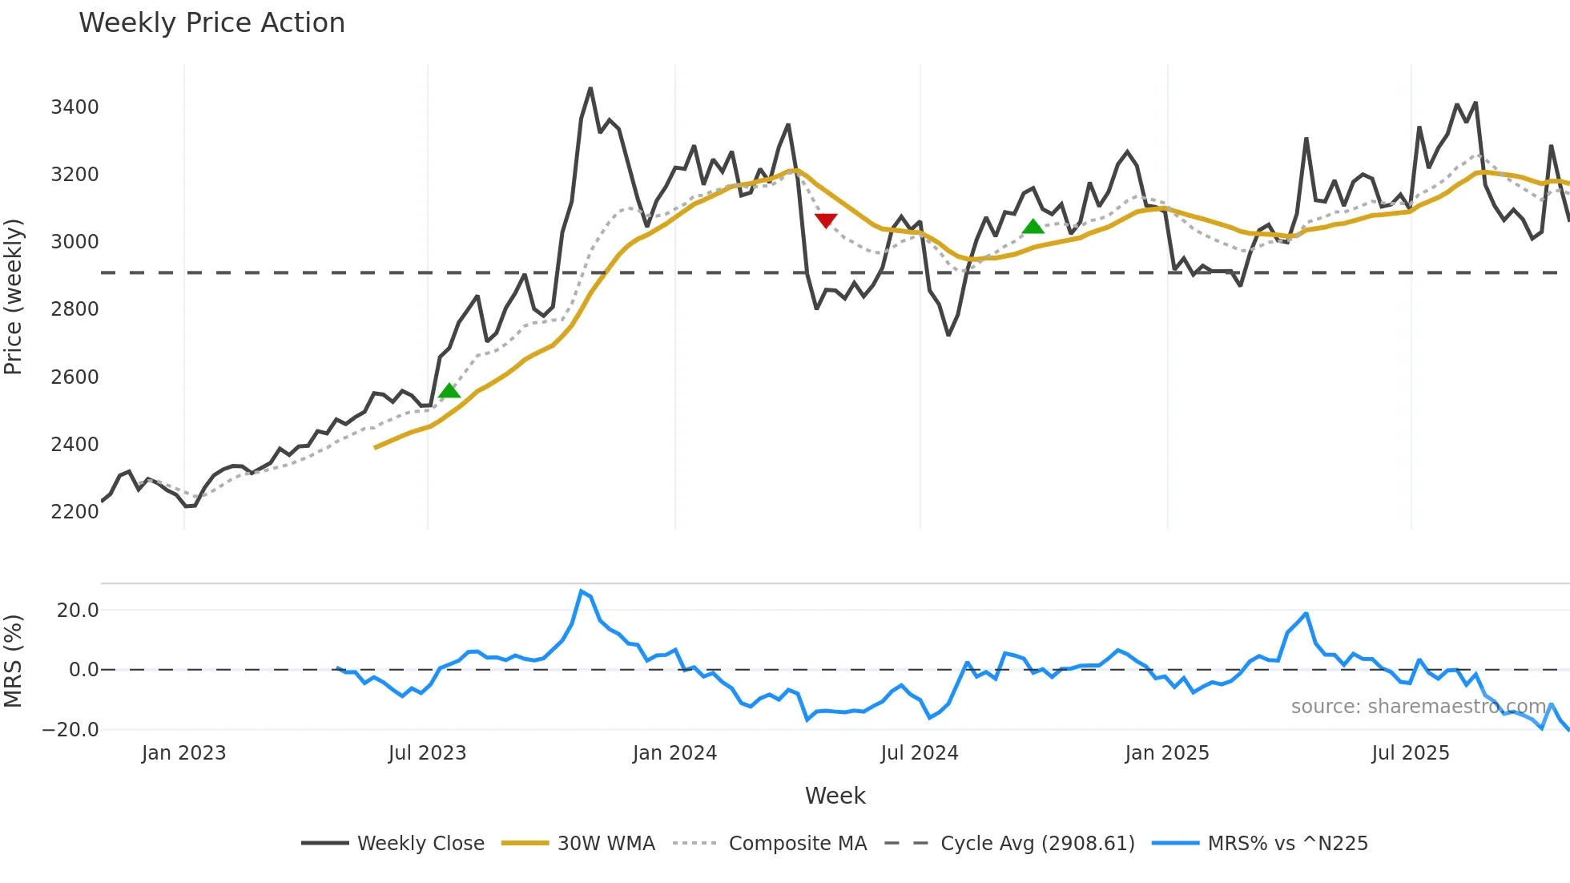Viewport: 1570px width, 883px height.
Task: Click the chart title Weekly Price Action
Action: click(x=211, y=23)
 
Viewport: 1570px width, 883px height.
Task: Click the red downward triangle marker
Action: click(x=826, y=220)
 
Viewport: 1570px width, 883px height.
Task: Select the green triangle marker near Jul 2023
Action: click(x=450, y=390)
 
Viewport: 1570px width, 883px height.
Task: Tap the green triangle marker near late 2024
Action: click(x=1033, y=227)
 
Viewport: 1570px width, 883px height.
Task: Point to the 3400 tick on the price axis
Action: click(x=74, y=107)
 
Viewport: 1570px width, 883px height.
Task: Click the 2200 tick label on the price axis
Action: click(x=74, y=511)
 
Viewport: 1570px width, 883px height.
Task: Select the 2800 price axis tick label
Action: click(x=74, y=309)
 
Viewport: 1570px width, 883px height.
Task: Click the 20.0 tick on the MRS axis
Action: click(x=78, y=610)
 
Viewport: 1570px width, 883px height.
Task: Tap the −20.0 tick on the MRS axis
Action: click(x=70, y=729)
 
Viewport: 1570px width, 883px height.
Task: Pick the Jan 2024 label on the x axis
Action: click(x=674, y=753)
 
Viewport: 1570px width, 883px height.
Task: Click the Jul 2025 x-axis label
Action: click(x=1410, y=753)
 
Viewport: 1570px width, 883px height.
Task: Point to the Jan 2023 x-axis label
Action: click(x=183, y=753)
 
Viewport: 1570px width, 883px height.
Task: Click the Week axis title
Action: click(x=835, y=796)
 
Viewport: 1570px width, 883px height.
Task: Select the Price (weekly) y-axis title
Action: click(x=14, y=296)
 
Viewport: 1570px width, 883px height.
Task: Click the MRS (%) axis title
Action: click(x=14, y=661)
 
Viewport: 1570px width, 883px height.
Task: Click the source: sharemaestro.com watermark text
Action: click(x=1418, y=707)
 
